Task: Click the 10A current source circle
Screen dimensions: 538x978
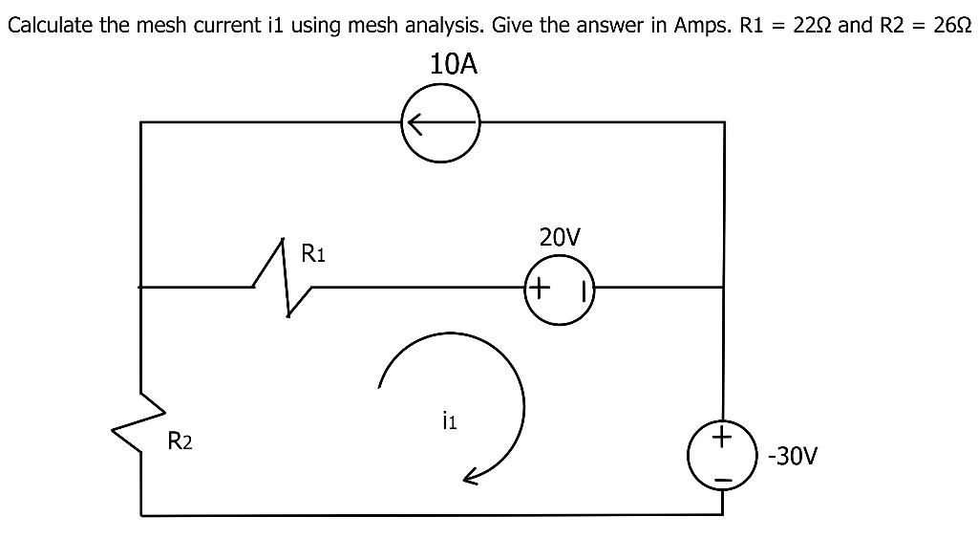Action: coord(440,124)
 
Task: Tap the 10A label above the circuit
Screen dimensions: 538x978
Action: coord(453,65)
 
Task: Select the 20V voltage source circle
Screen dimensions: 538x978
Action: coord(560,287)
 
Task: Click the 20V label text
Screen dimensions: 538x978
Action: coord(560,237)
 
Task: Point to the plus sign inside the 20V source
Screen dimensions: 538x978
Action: coord(540,286)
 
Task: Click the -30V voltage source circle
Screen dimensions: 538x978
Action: coord(723,454)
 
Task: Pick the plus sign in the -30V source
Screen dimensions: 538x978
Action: coord(723,439)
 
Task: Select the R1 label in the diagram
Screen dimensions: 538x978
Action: coord(313,254)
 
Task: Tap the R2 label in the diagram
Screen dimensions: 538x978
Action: coord(180,441)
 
